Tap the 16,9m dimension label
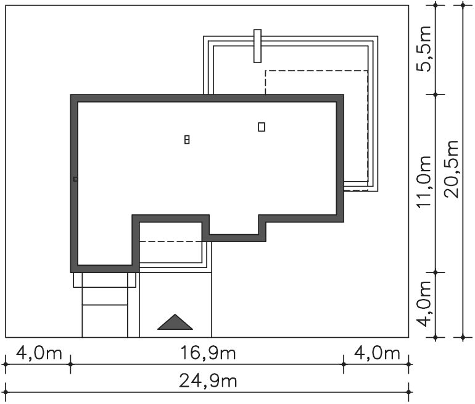[208, 353]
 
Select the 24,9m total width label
[208, 381]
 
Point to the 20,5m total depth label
[453, 169]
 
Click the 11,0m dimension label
[424, 182]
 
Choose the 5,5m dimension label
[424, 49]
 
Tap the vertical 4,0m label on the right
[424, 304]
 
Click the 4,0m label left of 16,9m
[39, 353]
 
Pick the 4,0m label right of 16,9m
[377, 353]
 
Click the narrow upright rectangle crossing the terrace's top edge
[257, 46]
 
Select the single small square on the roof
[262, 127]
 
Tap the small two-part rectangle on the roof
[187, 140]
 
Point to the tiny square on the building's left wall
[75, 179]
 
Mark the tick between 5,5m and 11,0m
[436, 95]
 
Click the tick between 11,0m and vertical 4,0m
[436, 272]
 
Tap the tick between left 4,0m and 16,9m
[70, 364]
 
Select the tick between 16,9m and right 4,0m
[344, 364]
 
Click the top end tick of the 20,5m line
[463, 5]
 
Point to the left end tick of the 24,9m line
[6, 392]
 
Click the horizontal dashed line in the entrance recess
[170, 242]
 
